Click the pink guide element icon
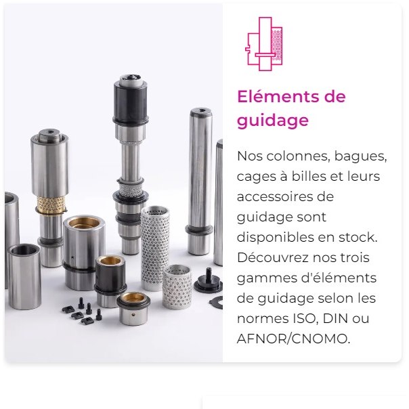[264, 44]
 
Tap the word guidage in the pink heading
[273, 121]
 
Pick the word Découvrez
[273, 257]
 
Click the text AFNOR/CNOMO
[293, 339]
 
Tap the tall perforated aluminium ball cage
[154, 248]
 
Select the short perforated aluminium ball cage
[177, 286]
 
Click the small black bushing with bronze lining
[110, 280]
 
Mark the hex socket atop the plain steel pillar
[201, 110]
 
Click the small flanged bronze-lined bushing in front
[133, 308]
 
